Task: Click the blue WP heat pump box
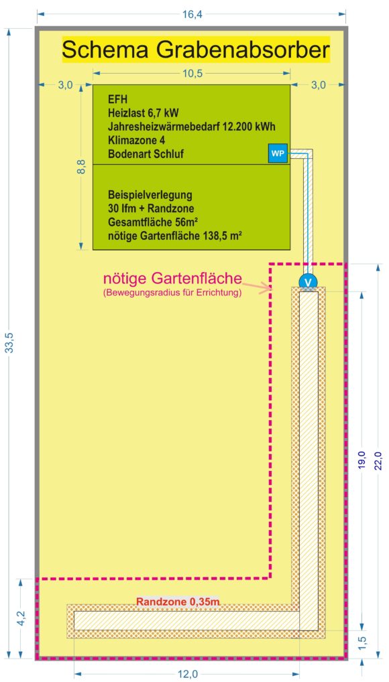pyautogui.click(x=278, y=154)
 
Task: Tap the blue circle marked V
pyautogui.click(x=309, y=282)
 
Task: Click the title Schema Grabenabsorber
pyautogui.click(x=196, y=50)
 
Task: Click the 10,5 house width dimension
pyautogui.click(x=192, y=72)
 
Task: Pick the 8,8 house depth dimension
pyautogui.click(x=80, y=167)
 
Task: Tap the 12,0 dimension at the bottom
pyautogui.click(x=187, y=674)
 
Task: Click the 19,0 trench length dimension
pyautogui.click(x=361, y=460)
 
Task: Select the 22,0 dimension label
pyautogui.click(x=378, y=460)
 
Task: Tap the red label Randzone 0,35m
pyautogui.click(x=177, y=602)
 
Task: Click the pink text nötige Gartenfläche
pyautogui.click(x=172, y=277)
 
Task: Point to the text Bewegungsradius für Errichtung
pyautogui.click(x=172, y=293)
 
